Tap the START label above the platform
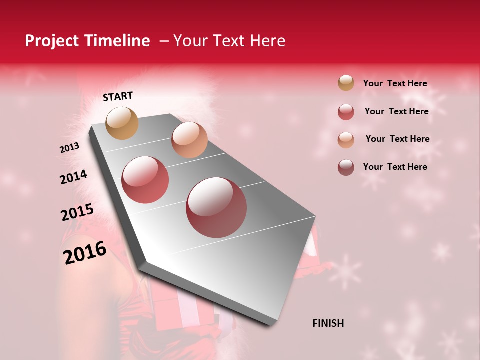(x=118, y=96)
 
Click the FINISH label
(x=328, y=323)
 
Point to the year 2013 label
(x=70, y=148)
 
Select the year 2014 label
(x=74, y=177)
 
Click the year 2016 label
(x=85, y=253)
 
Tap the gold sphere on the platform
(x=122, y=123)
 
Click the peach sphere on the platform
(x=189, y=140)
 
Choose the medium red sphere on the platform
(x=145, y=180)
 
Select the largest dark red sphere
(x=216, y=207)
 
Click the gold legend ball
(x=346, y=83)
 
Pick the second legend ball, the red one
(x=346, y=112)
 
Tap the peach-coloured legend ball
(x=346, y=139)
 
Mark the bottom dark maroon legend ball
(x=346, y=167)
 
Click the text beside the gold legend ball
(x=395, y=84)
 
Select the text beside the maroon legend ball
(x=395, y=167)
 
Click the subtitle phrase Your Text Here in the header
(x=229, y=41)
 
